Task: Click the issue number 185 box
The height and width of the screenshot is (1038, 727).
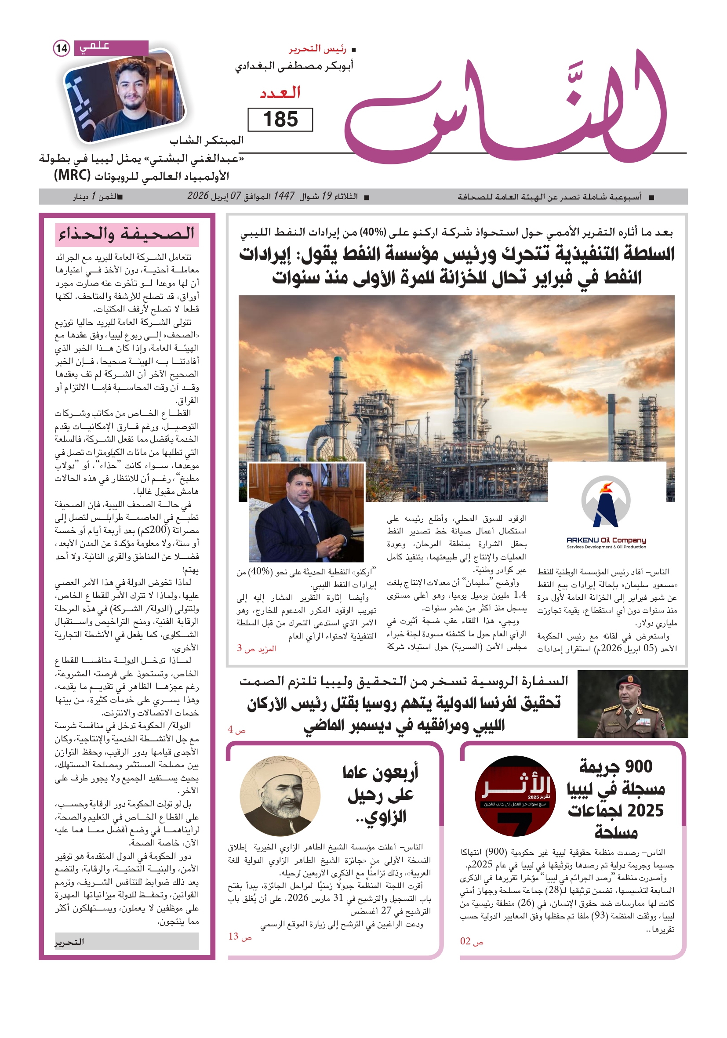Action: [x=280, y=120]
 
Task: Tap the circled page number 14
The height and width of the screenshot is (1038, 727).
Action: [x=62, y=48]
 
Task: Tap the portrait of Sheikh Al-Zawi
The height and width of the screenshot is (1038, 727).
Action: [x=280, y=796]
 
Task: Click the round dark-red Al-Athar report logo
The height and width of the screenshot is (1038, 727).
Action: [x=515, y=796]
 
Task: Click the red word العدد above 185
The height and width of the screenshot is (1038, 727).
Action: [x=280, y=93]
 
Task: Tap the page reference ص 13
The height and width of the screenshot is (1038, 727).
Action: [x=240, y=936]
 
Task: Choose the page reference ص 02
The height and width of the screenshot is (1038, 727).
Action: [x=472, y=941]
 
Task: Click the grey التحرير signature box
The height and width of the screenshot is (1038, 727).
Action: [x=127, y=941]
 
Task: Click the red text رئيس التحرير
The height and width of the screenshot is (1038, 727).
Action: [x=318, y=48]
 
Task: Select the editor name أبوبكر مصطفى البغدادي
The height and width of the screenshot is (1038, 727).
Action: [x=294, y=66]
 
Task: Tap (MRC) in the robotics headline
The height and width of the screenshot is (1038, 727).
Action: [x=73, y=175]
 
